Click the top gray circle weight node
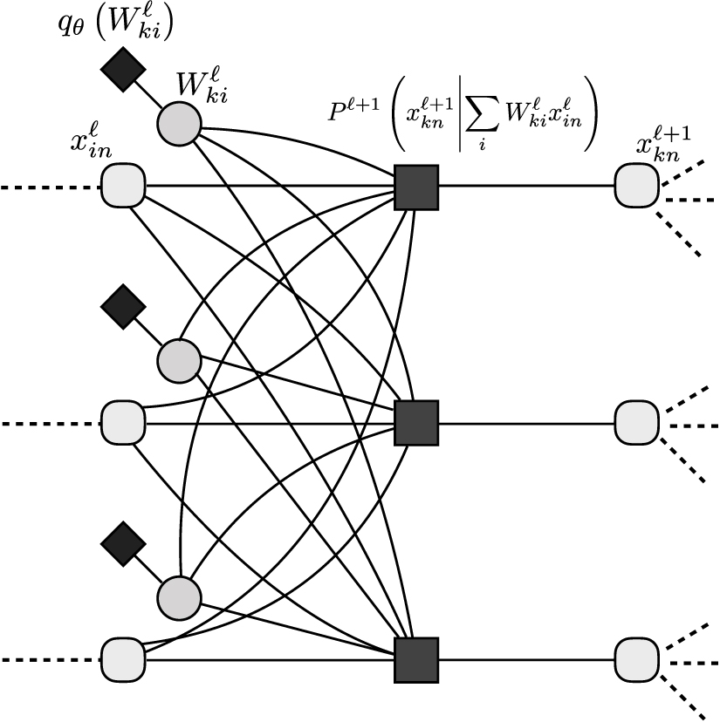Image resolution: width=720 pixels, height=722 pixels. (179, 121)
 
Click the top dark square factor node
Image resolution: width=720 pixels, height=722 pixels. (415, 187)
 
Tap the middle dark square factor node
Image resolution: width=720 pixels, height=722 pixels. (415, 424)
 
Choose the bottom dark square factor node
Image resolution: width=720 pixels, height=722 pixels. (415, 660)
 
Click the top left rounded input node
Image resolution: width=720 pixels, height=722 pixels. (124, 187)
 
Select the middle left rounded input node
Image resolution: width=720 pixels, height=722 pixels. (124, 424)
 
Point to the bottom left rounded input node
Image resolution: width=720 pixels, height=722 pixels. (124, 660)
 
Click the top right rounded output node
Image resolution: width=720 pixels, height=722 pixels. (636, 187)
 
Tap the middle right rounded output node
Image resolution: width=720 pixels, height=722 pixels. (636, 424)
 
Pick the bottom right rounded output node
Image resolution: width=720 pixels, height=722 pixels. (636, 660)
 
